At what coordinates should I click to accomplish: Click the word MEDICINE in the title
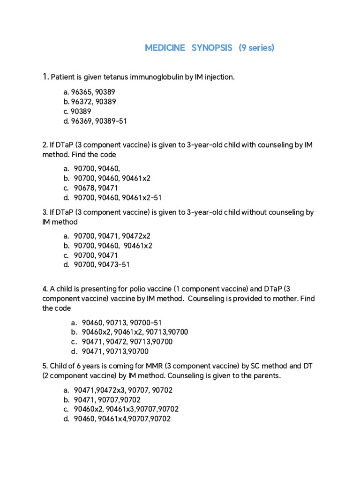[165, 48]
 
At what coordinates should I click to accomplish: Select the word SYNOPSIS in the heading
[212, 48]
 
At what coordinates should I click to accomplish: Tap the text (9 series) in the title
[256, 48]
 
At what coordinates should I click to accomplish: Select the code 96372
[82, 102]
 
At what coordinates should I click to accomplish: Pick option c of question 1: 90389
[82, 112]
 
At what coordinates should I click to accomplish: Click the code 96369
[82, 121]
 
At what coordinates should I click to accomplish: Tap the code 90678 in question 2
[85, 188]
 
